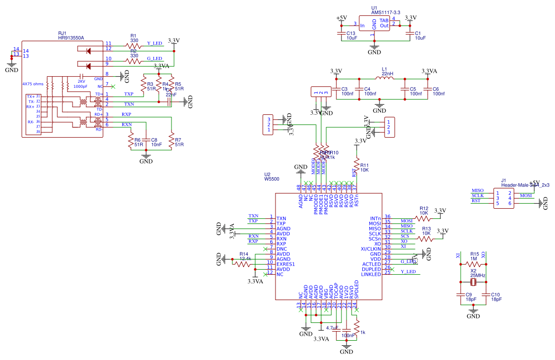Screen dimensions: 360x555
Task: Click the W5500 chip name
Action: click(271, 179)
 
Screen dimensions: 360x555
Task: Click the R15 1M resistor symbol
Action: click(474, 264)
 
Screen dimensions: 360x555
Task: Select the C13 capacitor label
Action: click(351, 33)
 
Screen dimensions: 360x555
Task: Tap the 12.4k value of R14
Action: click(246, 259)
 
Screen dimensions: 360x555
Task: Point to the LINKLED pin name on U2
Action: click(371, 274)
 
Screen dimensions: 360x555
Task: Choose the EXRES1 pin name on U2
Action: click(286, 264)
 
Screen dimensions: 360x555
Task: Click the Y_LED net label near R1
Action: click(154, 43)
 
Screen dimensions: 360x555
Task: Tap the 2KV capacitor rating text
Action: click(81, 81)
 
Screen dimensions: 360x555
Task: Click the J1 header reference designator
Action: click(503, 180)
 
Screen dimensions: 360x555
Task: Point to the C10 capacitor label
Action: click(496, 294)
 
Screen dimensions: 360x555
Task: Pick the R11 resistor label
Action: click(364, 165)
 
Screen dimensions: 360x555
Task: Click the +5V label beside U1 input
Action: click(341, 18)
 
